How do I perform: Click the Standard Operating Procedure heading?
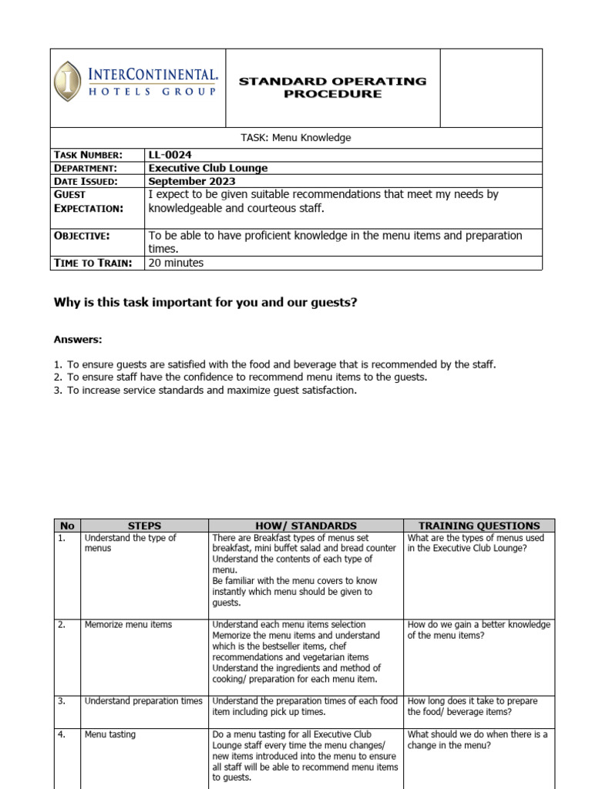[332, 87]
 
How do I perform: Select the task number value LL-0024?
[170, 155]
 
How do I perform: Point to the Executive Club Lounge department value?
[207, 168]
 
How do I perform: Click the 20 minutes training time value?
[176, 263]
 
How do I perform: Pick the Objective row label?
[82, 235]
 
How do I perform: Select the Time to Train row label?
[93, 263]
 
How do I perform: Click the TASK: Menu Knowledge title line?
[296, 138]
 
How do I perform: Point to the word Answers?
[78, 339]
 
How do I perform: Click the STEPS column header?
[144, 525]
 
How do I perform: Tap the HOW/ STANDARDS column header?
[306, 525]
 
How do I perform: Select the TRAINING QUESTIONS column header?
[479, 525]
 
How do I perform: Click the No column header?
[66, 525]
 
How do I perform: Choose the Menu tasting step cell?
[110, 734]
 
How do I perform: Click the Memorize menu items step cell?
[128, 624]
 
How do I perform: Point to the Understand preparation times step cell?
[143, 701]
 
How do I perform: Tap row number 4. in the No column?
[62, 734]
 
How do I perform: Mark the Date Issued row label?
[86, 181]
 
